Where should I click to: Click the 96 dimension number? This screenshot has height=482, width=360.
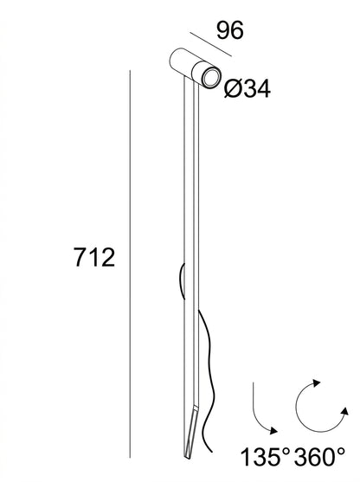click(230, 30)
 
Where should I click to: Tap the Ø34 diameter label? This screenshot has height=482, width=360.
click(247, 89)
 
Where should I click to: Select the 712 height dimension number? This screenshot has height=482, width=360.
click(94, 258)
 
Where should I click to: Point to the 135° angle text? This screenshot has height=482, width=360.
click(265, 457)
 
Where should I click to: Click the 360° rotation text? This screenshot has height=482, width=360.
click(319, 457)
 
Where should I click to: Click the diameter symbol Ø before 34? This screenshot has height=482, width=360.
click(232, 89)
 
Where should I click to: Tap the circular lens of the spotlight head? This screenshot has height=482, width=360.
click(211, 77)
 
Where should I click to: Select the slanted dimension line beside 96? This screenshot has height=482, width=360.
click(210, 44)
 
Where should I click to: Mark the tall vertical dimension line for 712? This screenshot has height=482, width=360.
click(130, 264)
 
